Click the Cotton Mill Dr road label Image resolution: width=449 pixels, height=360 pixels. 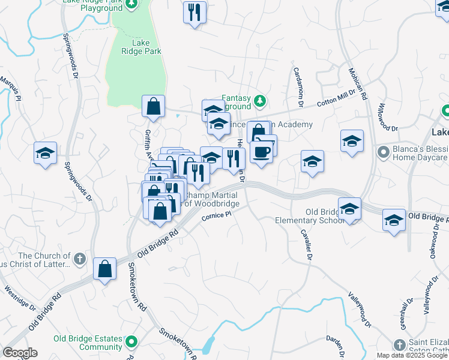[337, 101]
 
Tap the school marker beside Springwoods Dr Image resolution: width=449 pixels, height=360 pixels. [45, 153]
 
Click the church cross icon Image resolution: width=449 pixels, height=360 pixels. [81, 260]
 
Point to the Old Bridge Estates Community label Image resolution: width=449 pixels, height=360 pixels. [88, 343]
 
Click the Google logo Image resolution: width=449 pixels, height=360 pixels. [19, 353]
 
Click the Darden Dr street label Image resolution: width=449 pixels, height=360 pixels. [337, 347]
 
